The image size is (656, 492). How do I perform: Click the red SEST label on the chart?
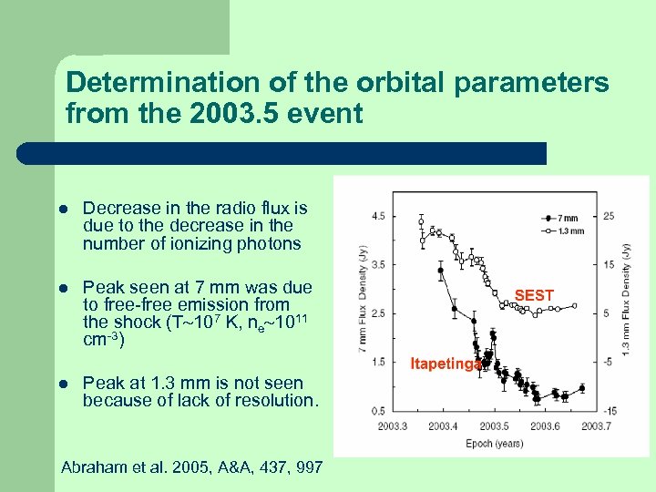[534, 295]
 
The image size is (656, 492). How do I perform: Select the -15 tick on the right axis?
[608, 412]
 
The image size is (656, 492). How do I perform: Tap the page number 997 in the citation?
[309, 467]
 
